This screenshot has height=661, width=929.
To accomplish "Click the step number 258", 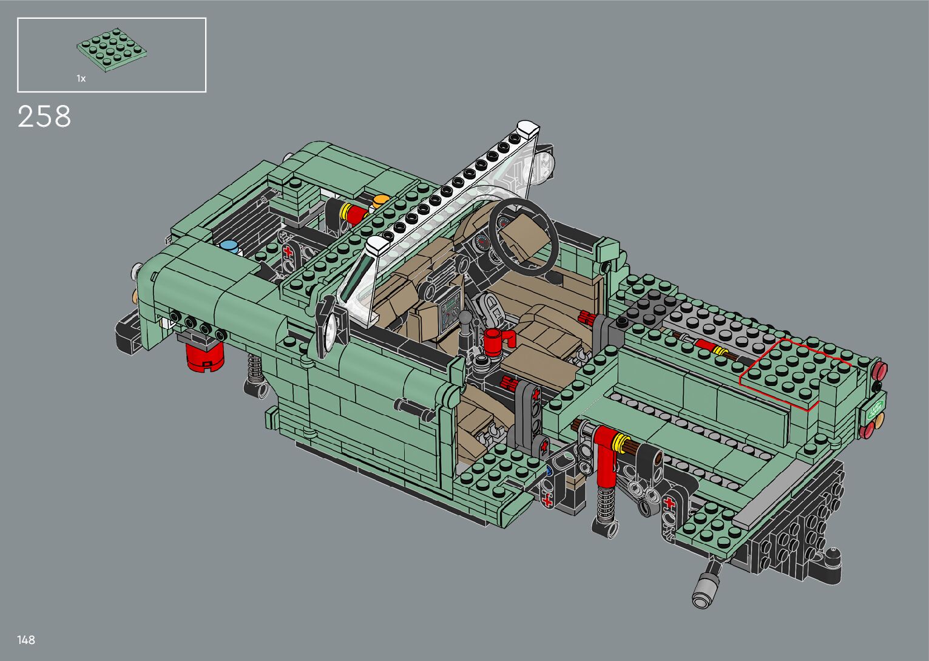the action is point(44,116).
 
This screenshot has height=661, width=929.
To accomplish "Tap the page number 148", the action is point(25,640).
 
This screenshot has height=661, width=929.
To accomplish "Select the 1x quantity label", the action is point(81,78).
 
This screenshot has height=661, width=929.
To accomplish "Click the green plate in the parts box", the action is point(112,50).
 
